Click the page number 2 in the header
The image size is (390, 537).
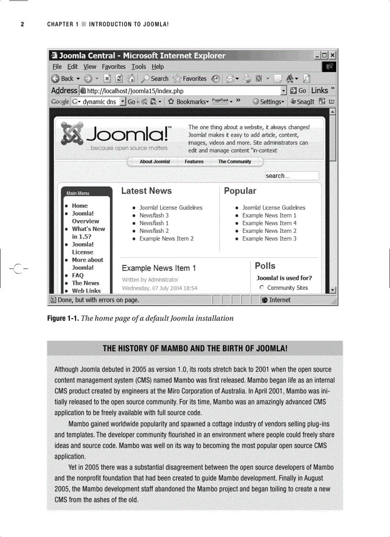click(22, 24)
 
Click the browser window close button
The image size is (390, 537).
click(333, 55)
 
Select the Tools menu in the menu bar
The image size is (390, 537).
click(139, 67)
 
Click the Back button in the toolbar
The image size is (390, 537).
click(63, 78)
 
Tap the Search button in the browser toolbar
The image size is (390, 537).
click(155, 78)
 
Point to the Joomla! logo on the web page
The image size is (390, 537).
click(115, 135)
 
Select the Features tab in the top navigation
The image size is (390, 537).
click(194, 162)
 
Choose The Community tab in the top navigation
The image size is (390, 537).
click(235, 162)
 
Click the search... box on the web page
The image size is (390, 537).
click(292, 176)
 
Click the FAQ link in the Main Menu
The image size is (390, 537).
click(77, 275)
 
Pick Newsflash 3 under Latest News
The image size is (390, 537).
click(154, 216)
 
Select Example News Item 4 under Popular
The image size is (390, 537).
click(269, 223)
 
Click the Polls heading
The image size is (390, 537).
click(265, 266)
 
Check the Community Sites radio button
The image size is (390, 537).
click(261, 288)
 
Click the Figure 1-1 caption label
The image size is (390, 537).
click(63, 318)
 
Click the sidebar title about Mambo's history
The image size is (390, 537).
click(195, 348)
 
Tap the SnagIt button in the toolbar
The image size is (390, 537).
click(302, 102)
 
